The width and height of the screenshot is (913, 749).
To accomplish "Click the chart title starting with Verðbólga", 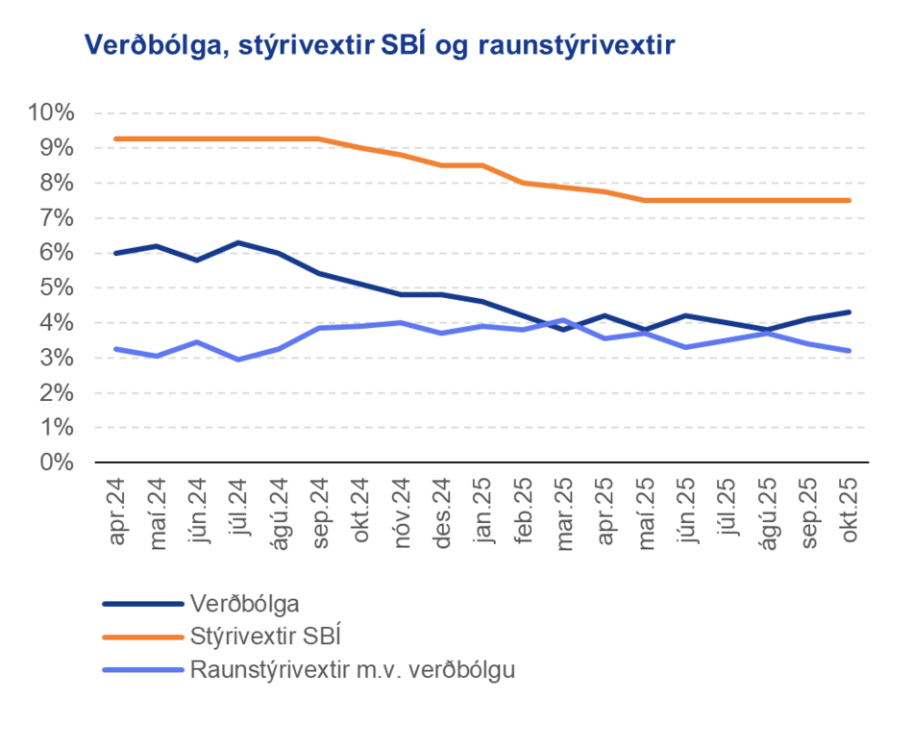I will tap(380, 44).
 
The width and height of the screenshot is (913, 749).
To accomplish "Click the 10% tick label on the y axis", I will tap(52, 113).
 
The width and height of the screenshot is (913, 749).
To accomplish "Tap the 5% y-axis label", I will tap(57, 287).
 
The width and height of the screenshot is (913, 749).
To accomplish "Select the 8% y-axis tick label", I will tap(57, 183).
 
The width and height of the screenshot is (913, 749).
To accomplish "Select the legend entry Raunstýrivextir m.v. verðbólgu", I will tap(353, 668).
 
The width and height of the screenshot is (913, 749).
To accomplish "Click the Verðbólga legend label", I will tap(245, 604).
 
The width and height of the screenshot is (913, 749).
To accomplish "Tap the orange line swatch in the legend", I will tap(142, 636).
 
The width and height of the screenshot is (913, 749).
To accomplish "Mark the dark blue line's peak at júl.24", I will tap(238, 242).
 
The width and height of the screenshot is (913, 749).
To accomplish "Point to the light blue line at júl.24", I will tap(238, 359).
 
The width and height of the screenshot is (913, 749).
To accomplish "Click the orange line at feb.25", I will tap(523, 183).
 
